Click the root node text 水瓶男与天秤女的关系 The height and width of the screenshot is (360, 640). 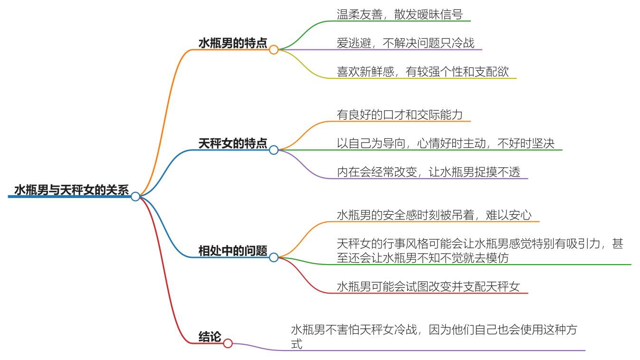click(x=71, y=190)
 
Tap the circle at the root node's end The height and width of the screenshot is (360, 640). click(x=135, y=196)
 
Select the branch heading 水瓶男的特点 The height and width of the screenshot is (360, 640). click(x=232, y=43)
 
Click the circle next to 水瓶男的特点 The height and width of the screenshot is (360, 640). click(x=274, y=49)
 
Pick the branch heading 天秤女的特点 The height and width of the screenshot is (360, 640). click(x=232, y=143)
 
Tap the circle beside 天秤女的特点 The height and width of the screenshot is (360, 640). click(x=274, y=150)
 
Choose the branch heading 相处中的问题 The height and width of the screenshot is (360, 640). click(x=232, y=251)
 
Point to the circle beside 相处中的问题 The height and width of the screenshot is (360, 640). click(x=274, y=257)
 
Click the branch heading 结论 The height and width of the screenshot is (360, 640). click(x=210, y=337)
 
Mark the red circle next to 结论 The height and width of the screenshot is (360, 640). click(x=228, y=343)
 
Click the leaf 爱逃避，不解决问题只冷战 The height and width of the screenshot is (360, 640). click(x=405, y=43)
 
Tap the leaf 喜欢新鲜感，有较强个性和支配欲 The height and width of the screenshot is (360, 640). click(x=422, y=72)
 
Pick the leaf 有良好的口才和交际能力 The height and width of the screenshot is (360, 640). click(x=400, y=115)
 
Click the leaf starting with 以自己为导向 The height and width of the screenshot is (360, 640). click(x=445, y=143)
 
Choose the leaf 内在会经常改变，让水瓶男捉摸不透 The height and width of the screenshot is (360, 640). click(x=429, y=172)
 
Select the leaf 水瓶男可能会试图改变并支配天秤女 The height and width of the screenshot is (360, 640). click(x=429, y=286)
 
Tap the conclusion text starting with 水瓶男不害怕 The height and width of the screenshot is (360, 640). click(x=434, y=336)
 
